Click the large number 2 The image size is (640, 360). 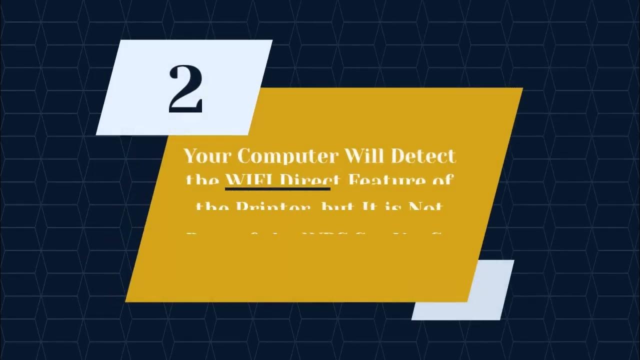click(x=185, y=89)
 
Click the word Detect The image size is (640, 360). click(x=423, y=156)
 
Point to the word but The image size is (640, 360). click(x=330, y=206)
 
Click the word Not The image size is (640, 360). click(x=425, y=206)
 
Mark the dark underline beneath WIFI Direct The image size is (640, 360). click(x=277, y=189)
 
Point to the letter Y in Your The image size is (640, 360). click(x=191, y=156)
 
